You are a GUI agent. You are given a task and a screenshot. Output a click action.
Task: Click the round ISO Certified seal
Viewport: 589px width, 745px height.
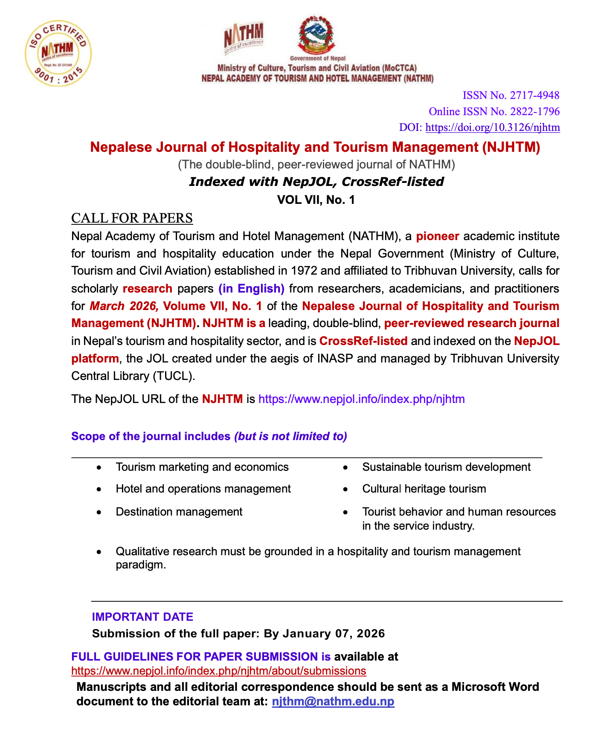(58, 53)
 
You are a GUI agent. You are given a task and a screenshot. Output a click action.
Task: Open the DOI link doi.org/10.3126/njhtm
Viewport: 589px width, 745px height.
(493, 128)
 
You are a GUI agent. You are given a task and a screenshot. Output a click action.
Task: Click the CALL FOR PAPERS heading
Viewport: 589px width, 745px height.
(132, 218)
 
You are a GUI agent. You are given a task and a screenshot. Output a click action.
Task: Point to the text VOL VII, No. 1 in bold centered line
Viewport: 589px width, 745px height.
(316, 200)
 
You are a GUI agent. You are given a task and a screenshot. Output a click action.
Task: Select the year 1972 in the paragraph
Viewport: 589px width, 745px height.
(303, 271)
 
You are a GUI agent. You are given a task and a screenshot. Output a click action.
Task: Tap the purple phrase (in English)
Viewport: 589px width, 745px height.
(251, 289)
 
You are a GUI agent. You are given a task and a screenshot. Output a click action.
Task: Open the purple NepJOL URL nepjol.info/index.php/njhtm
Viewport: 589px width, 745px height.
(362, 399)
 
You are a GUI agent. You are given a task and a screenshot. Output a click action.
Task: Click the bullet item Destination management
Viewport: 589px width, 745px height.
(179, 512)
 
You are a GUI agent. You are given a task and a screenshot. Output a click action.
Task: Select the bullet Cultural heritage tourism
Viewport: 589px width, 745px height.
(424, 489)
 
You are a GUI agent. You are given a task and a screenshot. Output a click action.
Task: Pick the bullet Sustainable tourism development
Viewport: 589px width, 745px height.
(446, 467)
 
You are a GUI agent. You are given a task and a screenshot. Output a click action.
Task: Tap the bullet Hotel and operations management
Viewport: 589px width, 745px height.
(203, 489)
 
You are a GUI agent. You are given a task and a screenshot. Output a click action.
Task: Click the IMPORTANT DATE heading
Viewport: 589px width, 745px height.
(142, 617)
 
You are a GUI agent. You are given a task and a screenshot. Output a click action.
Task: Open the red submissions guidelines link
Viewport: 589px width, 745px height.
(218, 671)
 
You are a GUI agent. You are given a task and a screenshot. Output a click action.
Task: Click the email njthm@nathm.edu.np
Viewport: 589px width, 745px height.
(333, 702)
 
